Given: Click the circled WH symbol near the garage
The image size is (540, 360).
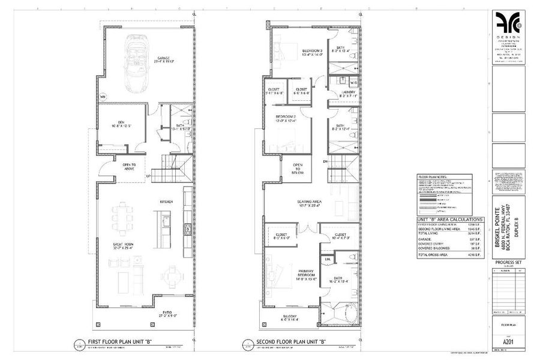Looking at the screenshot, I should pos(103,96).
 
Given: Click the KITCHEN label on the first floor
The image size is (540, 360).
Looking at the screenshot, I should pos(166,202).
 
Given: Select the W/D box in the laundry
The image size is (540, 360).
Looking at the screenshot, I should pos(353,83).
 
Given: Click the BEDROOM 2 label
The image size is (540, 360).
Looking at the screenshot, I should pos(285,118).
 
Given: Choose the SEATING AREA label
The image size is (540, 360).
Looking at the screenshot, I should pos(308,202).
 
